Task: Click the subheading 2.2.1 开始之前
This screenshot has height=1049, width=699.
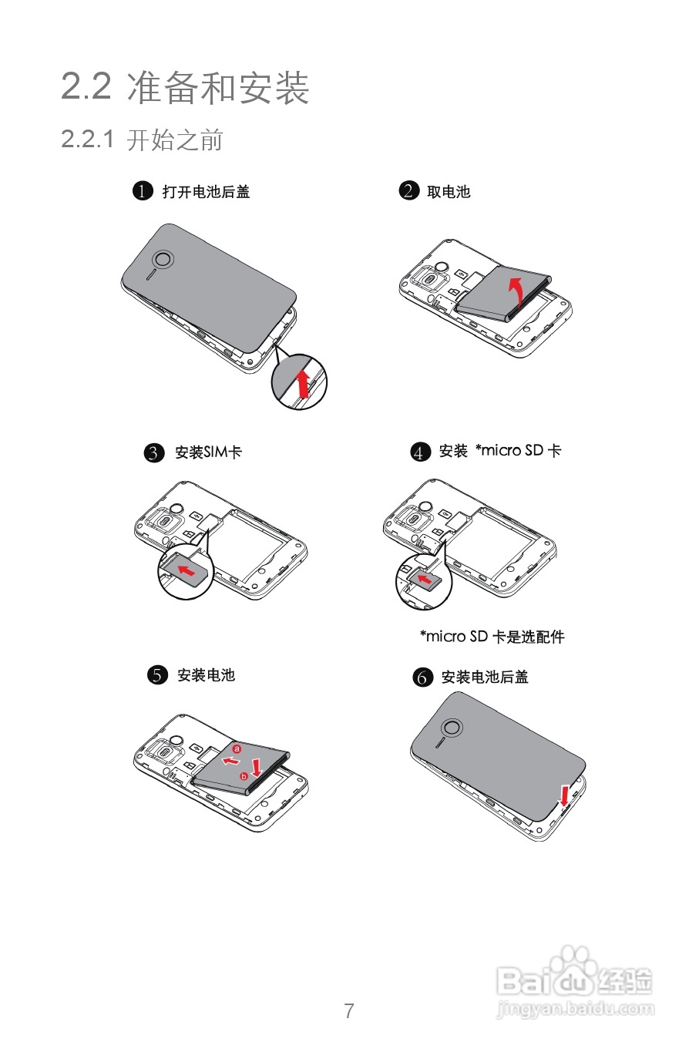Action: (142, 140)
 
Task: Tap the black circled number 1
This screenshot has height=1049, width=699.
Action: (143, 190)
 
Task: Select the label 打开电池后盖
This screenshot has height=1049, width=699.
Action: (206, 192)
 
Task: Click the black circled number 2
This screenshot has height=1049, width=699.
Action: (408, 190)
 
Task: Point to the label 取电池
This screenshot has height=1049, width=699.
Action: (449, 192)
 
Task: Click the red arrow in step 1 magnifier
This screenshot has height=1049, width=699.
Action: (304, 383)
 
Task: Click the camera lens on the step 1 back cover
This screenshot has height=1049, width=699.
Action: (163, 260)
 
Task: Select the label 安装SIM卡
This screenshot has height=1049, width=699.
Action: (208, 452)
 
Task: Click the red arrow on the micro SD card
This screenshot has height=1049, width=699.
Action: (425, 578)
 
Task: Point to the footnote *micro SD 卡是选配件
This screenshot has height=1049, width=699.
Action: (492, 637)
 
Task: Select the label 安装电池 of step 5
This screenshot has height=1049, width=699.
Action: (206, 675)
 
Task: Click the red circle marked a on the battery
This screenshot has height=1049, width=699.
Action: (237, 748)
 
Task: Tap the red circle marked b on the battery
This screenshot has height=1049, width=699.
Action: (244, 776)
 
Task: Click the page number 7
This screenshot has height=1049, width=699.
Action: (349, 1010)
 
